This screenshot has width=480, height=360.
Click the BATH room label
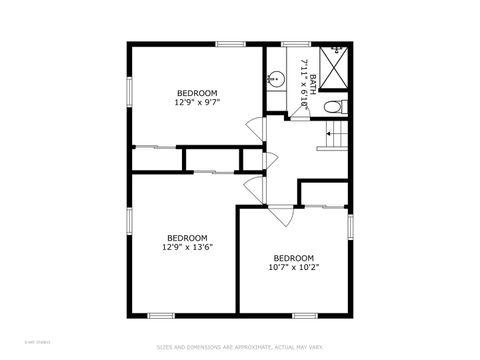(x=313, y=84)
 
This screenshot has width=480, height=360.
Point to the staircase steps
(x=335, y=137)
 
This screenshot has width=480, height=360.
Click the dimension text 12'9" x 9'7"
(x=197, y=102)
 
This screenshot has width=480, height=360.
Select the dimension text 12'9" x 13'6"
(x=187, y=247)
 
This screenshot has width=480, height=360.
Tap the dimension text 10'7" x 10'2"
(x=293, y=267)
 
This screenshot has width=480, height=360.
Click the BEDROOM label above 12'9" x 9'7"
(x=197, y=93)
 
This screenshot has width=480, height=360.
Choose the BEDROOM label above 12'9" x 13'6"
(x=187, y=238)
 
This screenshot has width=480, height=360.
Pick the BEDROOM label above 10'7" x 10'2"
(x=293, y=258)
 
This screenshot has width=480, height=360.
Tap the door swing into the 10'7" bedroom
(x=283, y=215)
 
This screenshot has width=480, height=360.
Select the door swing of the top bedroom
(x=256, y=128)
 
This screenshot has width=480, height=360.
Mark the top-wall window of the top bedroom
(x=231, y=43)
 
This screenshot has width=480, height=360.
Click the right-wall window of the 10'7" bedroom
(x=350, y=228)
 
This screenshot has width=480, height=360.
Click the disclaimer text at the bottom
(x=239, y=348)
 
